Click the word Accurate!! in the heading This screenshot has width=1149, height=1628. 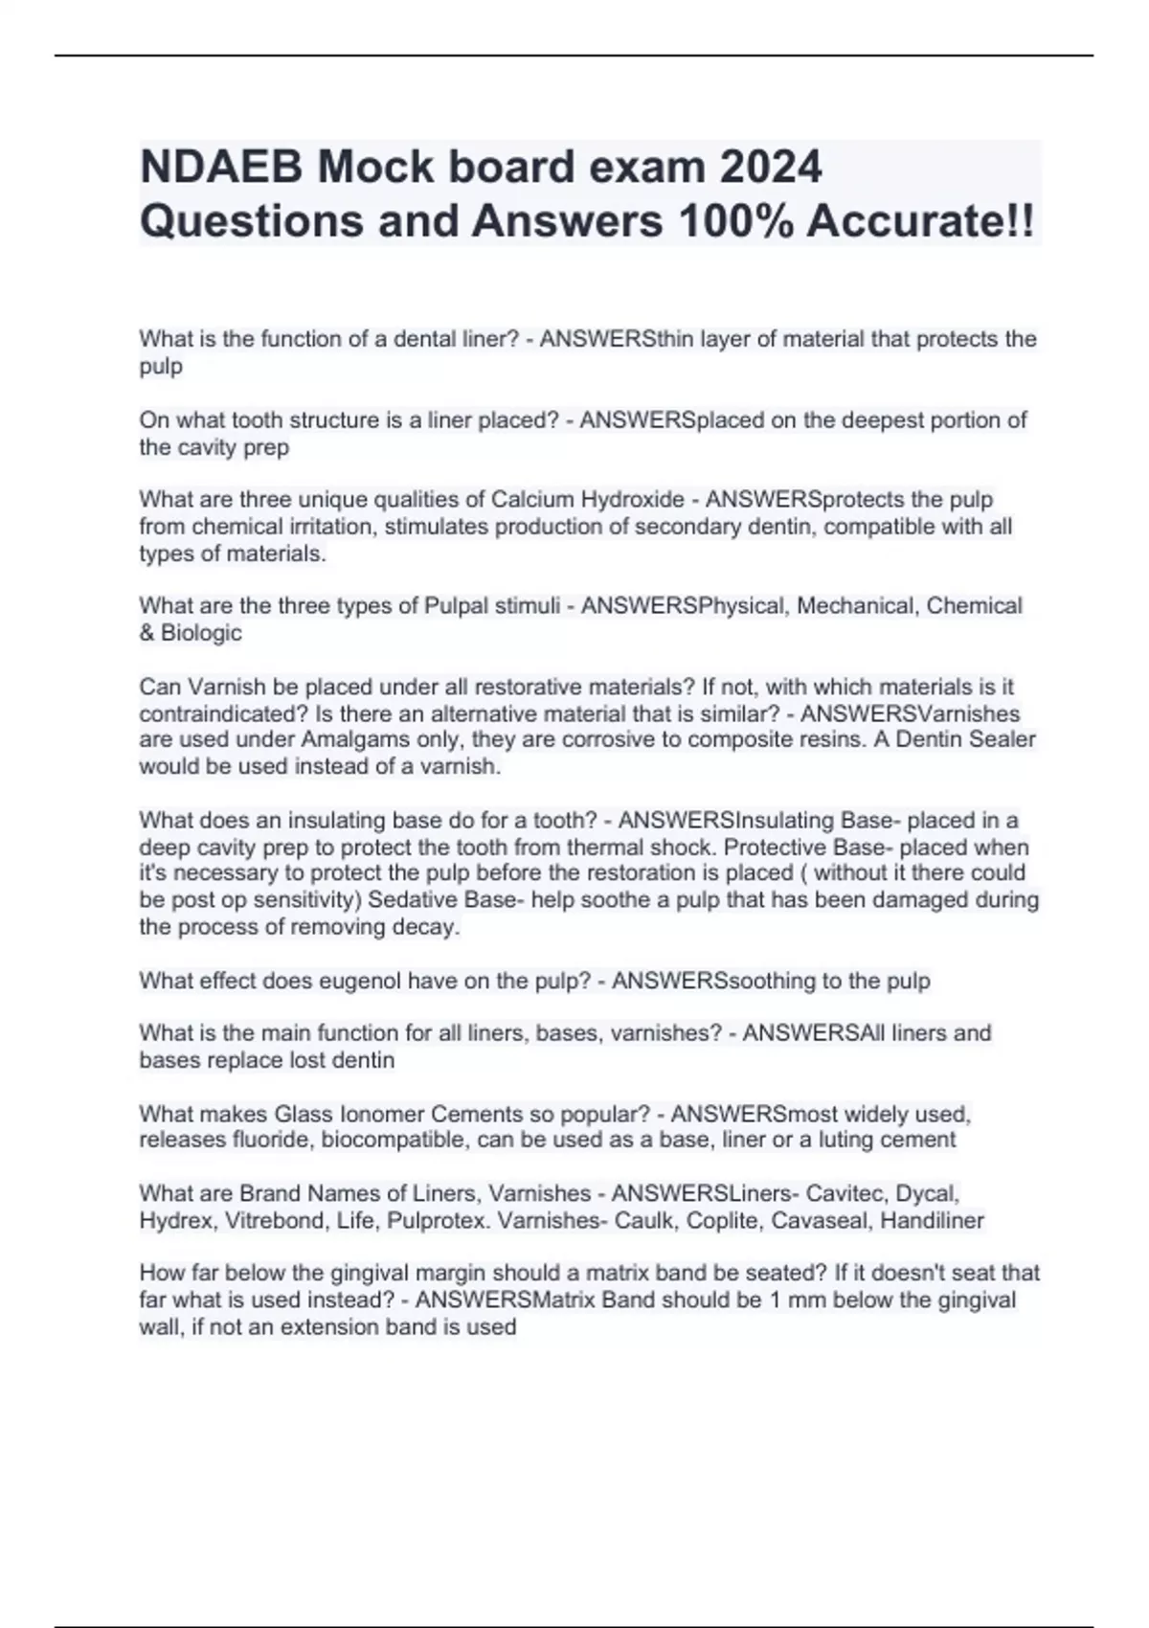tap(920, 221)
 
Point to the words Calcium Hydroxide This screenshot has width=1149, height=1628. tap(587, 500)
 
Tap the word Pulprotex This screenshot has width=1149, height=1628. tap(438, 1221)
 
